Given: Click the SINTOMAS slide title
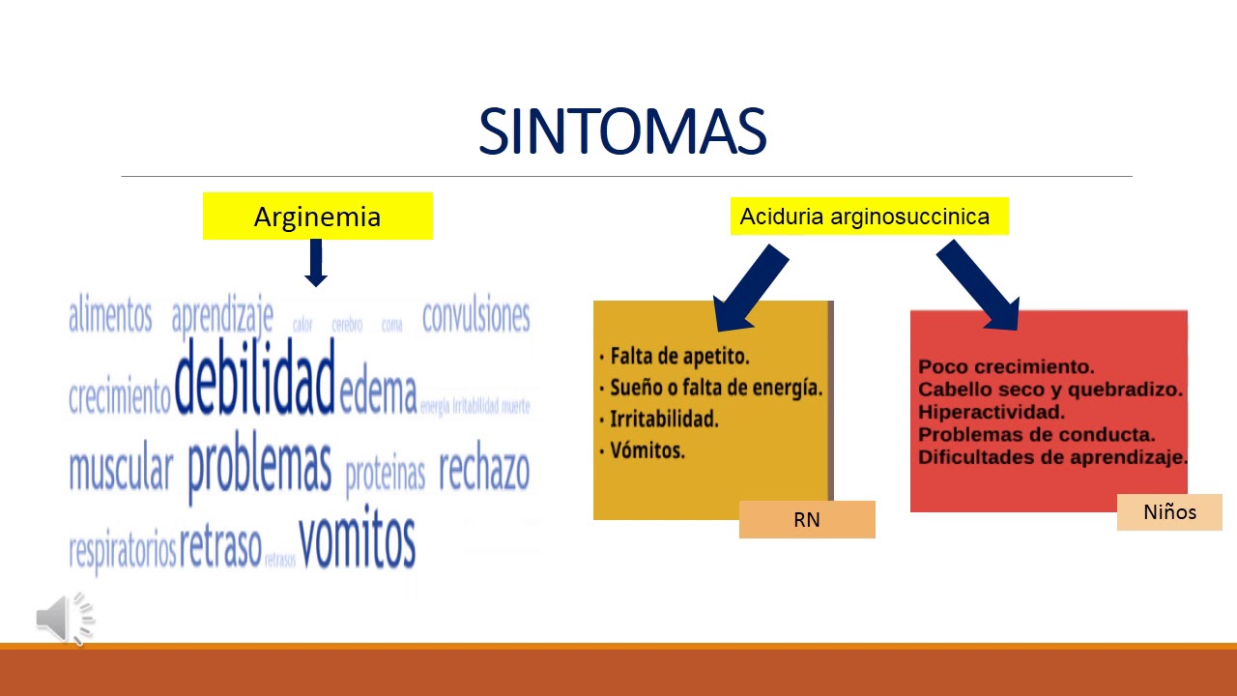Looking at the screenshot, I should pos(621,132).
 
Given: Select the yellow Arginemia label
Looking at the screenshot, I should pos(317,217).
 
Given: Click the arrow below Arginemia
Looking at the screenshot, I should pos(316,263).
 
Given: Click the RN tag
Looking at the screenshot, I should pos(807,519).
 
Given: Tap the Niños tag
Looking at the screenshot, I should pos(1169,512).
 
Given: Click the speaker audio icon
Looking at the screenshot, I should pos(65,619).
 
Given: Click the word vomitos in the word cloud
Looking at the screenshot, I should pos(357,541).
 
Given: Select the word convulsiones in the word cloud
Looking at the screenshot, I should pos(476,316).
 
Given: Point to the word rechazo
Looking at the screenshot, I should pos(484,471).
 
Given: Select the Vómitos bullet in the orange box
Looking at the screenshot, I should pos(647,450).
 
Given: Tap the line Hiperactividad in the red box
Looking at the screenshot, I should pos(992,412).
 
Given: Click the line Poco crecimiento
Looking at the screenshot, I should pos(1006,367).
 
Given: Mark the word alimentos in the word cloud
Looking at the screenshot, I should pos(110,316).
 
